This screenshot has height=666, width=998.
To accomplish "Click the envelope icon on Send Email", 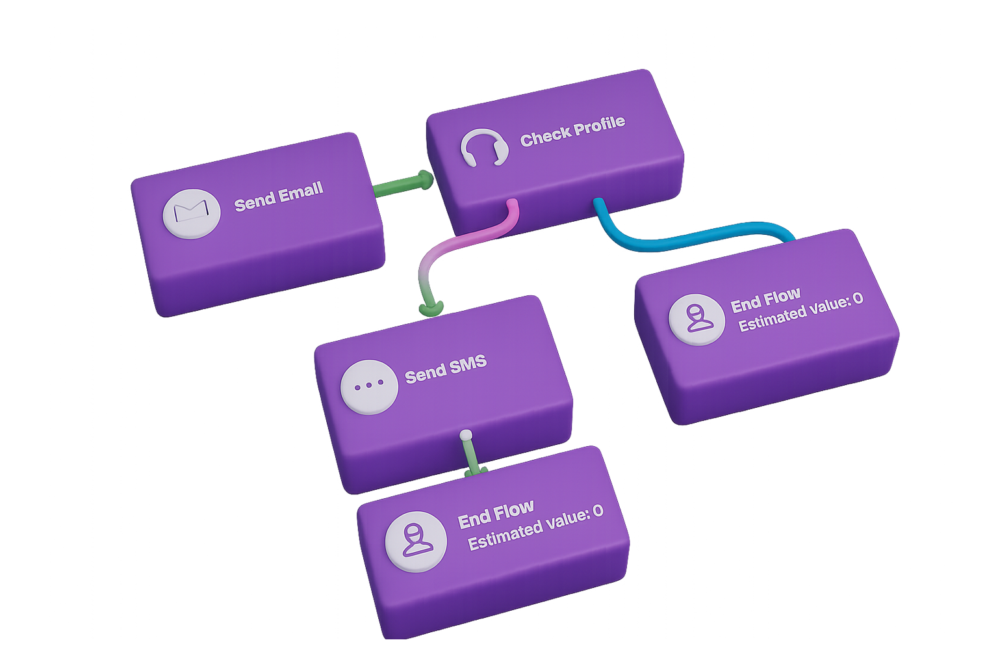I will click(x=191, y=213).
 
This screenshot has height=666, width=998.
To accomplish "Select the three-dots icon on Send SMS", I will click(x=369, y=386).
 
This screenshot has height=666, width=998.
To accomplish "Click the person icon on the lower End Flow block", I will click(x=416, y=541).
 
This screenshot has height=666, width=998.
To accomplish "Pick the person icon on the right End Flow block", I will click(x=697, y=319).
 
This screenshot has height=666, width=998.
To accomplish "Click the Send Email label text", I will click(x=279, y=196).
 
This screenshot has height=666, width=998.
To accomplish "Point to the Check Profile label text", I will click(x=572, y=131).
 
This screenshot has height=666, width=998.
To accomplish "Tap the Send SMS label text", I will click(x=446, y=369).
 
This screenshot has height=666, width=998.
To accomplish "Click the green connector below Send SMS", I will click(x=472, y=459).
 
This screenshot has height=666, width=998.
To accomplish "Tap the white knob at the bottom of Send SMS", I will click(x=465, y=435).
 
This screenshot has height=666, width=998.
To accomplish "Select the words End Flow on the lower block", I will click(x=496, y=513).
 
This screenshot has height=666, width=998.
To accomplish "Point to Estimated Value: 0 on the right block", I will click(x=800, y=313).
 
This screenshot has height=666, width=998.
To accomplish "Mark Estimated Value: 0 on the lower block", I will click(x=535, y=528).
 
